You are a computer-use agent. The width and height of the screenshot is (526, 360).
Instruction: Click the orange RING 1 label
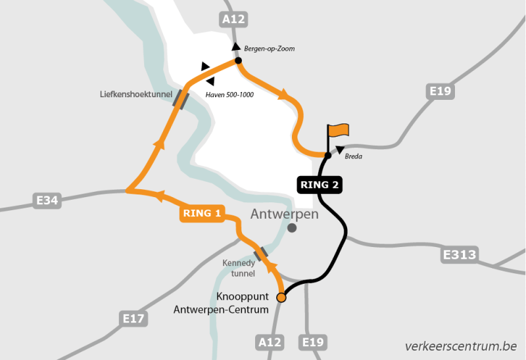pos(202,213)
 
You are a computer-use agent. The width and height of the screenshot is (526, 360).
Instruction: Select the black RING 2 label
pos(320,185)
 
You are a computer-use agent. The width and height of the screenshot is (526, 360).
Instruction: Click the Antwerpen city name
pos(285,214)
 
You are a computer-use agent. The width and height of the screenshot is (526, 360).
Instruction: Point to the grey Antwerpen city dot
pos(292,228)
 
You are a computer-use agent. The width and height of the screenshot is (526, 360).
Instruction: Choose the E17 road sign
pos(134,319)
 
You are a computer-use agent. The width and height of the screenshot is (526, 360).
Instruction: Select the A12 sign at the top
pos(233,20)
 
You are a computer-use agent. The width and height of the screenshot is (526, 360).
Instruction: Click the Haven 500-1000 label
pos(229,95)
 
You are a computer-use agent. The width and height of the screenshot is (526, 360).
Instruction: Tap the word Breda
pos(353,156)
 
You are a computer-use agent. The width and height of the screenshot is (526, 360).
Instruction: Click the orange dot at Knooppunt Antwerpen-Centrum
pos(281,298)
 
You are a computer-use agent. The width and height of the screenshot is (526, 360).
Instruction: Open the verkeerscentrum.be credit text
pos(460,346)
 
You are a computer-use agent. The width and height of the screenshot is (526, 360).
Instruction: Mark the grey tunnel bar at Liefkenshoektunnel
pos(181,99)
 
